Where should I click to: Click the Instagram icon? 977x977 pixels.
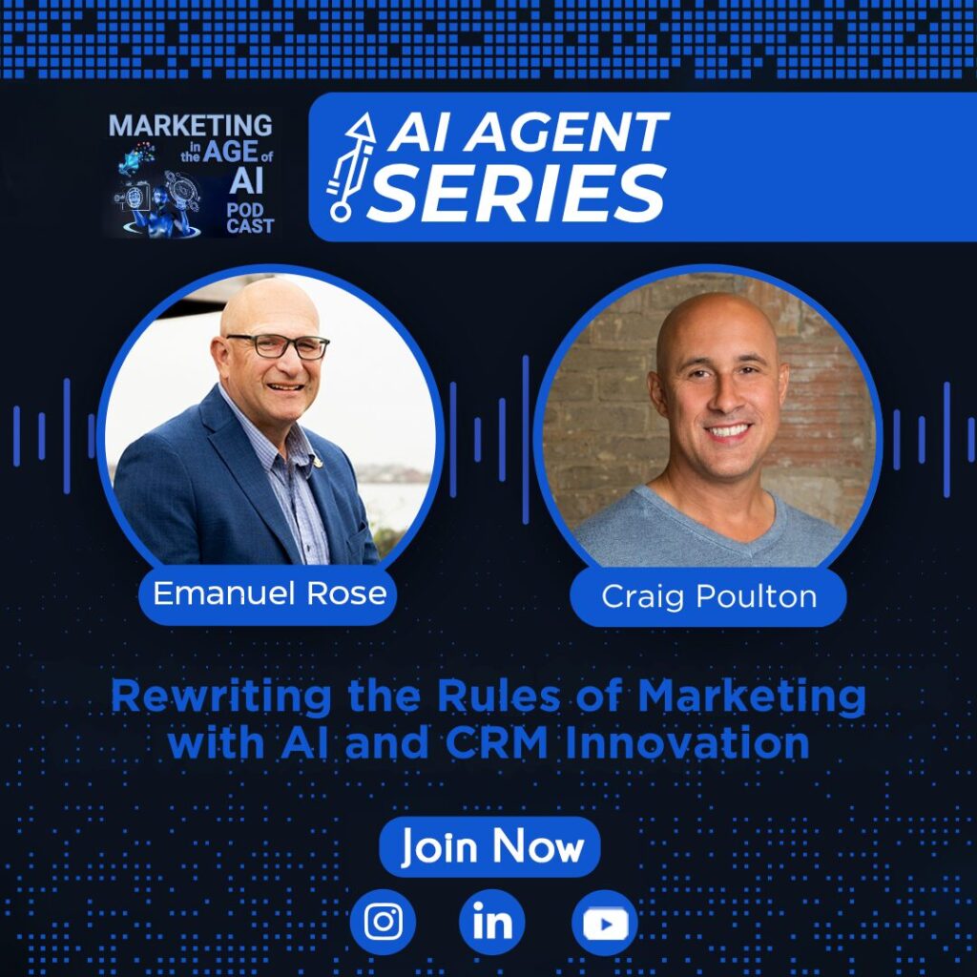383,923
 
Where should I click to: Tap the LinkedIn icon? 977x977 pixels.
492,923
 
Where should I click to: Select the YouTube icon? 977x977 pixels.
604,923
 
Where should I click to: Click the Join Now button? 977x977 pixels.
489,846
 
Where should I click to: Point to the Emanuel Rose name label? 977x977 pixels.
268,593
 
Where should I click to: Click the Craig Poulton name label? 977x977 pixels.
709,596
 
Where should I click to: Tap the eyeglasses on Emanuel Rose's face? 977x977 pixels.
279,345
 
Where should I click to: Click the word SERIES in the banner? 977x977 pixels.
517,193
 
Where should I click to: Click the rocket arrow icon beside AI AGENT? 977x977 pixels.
350,167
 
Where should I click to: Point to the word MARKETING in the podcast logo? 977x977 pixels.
191,125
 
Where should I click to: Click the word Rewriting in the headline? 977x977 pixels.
221,697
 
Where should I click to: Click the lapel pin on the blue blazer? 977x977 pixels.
318,462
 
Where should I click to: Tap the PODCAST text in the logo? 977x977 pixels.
250,218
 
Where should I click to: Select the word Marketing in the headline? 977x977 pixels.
752,697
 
